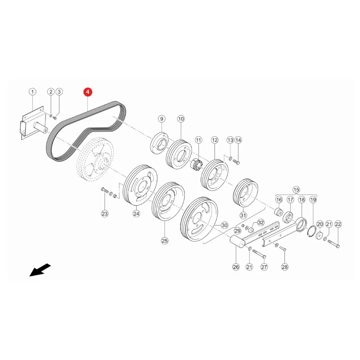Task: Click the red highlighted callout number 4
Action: (x=88, y=92)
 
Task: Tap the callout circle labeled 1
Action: (x=32, y=92)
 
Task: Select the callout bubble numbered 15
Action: (x=296, y=190)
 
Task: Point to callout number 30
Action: (x=224, y=226)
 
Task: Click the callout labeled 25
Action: (x=165, y=241)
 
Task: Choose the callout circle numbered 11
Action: (x=198, y=140)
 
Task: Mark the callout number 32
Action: (x=260, y=222)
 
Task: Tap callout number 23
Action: (x=105, y=214)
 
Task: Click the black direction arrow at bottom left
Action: (x=40, y=270)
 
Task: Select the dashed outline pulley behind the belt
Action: (x=95, y=159)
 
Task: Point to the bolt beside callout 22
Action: (x=334, y=243)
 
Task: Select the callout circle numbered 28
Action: (x=284, y=267)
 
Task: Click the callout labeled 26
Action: (x=236, y=267)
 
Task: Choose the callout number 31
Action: (x=243, y=215)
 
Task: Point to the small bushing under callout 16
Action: (x=279, y=212)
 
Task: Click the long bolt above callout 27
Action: (x=259, y=254)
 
